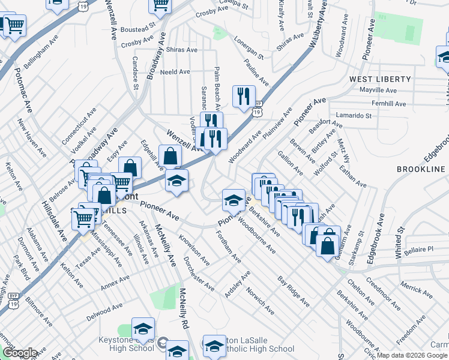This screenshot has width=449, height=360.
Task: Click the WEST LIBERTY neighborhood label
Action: pos(380,79)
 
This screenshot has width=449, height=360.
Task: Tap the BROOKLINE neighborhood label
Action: pos(420,170)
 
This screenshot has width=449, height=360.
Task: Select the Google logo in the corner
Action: pos(20,353)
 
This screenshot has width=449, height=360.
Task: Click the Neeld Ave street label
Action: pos(175,72)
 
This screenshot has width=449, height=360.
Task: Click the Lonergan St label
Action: pos(249,49)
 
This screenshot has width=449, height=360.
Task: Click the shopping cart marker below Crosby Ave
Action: pos(160,5)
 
